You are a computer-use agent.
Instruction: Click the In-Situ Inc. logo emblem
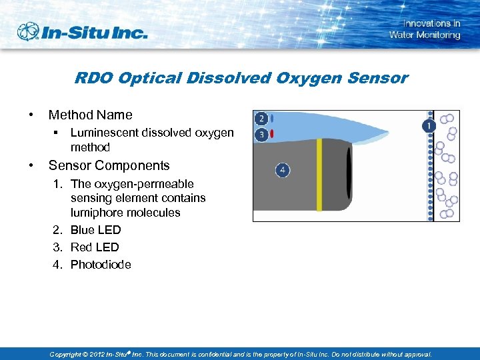click(x=29, y=31)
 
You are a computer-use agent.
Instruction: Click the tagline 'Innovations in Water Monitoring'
click(x=425, y=29)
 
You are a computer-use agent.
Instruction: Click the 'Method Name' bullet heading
click(x=90, y=115)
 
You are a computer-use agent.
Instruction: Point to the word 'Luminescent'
click(x=102, y=133)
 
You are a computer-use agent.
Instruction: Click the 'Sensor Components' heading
click(x=109, y=165)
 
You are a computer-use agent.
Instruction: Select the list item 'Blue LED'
click(x=95, y=230)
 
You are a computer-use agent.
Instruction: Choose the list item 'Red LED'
click(x=95, y=247)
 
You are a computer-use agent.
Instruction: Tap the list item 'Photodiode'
click(x=101, y=265)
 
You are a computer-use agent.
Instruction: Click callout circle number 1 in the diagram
click(x=428, y=125)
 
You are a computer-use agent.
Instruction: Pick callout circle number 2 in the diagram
click(x=261, y=119)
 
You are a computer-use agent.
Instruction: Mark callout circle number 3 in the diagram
click(x=261, y=135)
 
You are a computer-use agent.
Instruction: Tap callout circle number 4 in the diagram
click(x=283, y=171)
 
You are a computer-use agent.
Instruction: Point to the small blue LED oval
click(x=272, y=119)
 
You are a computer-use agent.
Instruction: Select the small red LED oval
click(x=272, y=135)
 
